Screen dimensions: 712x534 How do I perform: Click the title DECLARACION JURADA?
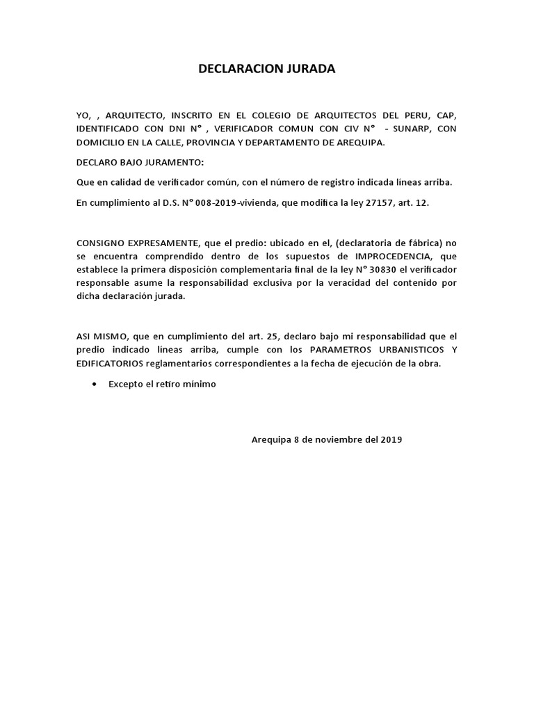click(x=267, y=70)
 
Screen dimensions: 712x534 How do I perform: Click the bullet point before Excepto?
click(x=94, y=384)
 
